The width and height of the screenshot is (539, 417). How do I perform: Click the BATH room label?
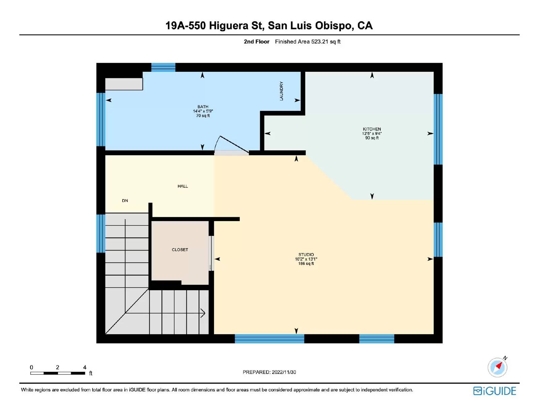tap(203, 107)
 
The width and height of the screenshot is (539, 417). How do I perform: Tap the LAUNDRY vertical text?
tap(281, 91)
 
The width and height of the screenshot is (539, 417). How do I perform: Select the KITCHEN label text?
tap(372, 129)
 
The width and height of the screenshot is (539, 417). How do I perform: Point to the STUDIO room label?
tap(306, 255)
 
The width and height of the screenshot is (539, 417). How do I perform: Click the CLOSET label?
tap(180, 250)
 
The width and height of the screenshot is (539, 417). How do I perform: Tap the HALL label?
tap(183, 186)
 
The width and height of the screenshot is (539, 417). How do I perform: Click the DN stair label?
tap(125, 201)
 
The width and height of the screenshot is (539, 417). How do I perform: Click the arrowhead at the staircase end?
tap(203, 313)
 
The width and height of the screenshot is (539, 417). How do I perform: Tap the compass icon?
tap(497, 367)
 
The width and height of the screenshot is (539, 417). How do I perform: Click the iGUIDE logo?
tap(495, 391)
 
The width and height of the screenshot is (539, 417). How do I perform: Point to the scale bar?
tap(58, 373)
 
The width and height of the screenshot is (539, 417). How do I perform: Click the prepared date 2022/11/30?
tap(284, 372)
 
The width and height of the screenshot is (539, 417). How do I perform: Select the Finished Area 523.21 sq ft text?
tap(308, 42)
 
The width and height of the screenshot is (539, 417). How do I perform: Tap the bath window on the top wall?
tap(163, 67)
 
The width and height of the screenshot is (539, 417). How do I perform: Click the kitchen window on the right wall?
tap(438, 129)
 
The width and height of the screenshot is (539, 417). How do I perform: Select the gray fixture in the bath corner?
tap(124, 84)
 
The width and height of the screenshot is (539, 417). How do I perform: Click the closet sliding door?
tap(211, 253)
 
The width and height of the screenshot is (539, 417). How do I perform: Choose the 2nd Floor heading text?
tap(256, 42)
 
